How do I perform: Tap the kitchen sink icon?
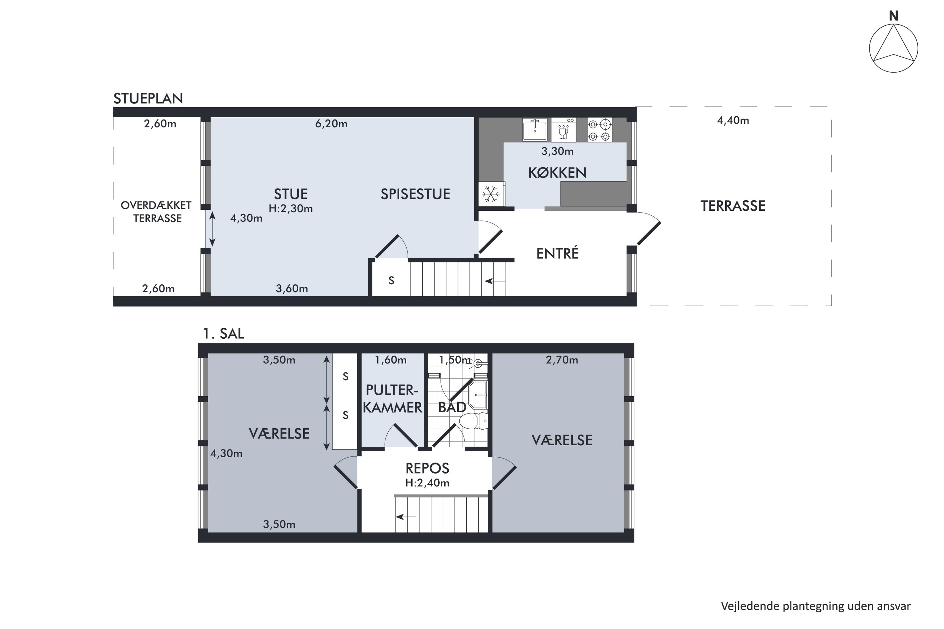(x=534, y=129)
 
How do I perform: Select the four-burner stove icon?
(x=600, y=130)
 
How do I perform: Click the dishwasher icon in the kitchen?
(x=564, y=130)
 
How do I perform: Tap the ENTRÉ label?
(x=558, y=253)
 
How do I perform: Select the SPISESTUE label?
(x=415, y=194)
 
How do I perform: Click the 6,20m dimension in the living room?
(x=331, y=124)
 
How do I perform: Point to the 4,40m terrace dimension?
(x=733, y=121)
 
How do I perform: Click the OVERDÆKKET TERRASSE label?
(x=156, y=212)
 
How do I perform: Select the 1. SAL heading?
(x=223, y=334)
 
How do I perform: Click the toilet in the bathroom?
(x=473, y=421)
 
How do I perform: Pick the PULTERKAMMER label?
(x=392, y=399)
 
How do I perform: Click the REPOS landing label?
(x=427, y=468)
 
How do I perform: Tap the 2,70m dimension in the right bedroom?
(x=562, y=360)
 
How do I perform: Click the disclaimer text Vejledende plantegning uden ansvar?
(x=816, y=606)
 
